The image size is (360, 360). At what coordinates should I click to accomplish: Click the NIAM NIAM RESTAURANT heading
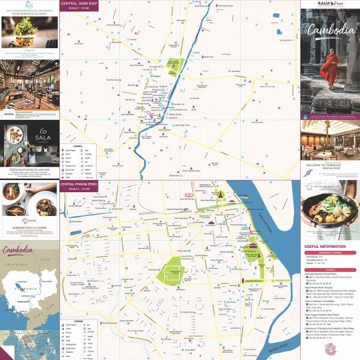pos(29,10)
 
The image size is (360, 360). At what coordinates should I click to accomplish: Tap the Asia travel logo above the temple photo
pos(329,4)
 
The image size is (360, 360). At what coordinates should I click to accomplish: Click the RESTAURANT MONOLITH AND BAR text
pos(29,170)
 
